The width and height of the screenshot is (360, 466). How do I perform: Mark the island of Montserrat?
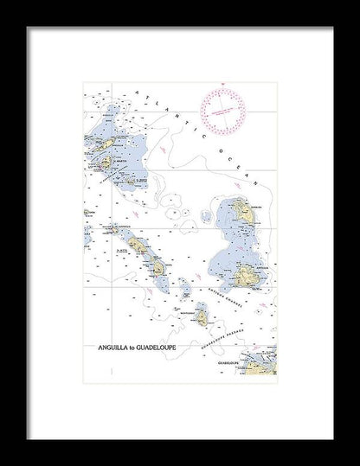coord(201,317)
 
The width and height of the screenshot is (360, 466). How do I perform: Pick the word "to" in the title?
coord(131,349)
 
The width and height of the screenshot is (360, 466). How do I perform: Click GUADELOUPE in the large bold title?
coord(156,349)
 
